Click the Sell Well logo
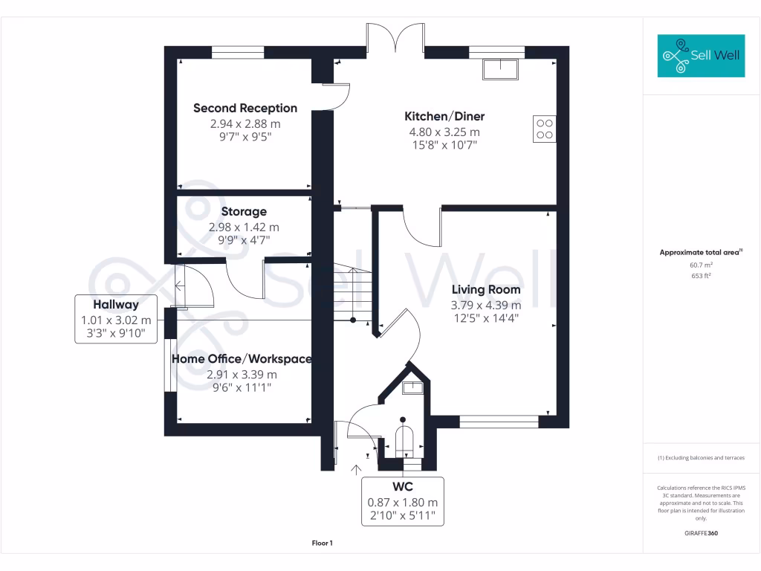coord(701,56)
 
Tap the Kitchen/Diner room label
coord(444,117)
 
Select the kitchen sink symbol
coord(502,69)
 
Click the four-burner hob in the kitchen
coord(544,129)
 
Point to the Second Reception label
coord(245,109)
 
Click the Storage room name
coord(244,212)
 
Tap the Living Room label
coord(486,290)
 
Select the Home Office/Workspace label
coord(242,359)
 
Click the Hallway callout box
coord(116,319)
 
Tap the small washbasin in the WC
coord(412,387)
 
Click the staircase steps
coord(351,294)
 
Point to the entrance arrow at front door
coord(356,469)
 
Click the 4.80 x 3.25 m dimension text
coord(444,132)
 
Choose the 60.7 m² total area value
coord(701,264)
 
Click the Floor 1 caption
coord(322,543)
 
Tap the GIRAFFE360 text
coord(701,533)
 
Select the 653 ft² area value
coord(701,275)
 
